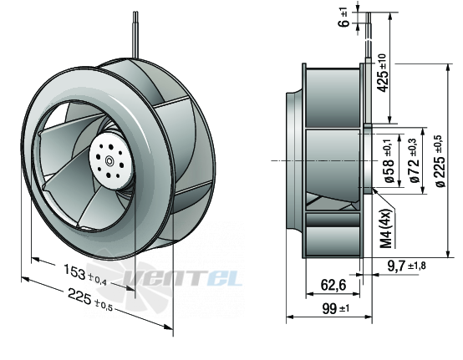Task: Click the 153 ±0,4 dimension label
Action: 85,276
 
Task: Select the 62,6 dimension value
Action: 333,285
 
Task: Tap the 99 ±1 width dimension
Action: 335,309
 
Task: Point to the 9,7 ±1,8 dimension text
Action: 407,266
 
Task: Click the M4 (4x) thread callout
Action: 387,228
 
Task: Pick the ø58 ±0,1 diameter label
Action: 389,161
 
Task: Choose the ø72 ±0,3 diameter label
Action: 415,161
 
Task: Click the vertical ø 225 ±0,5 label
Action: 440,161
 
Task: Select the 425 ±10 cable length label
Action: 382,73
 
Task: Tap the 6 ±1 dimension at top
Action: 344,18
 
